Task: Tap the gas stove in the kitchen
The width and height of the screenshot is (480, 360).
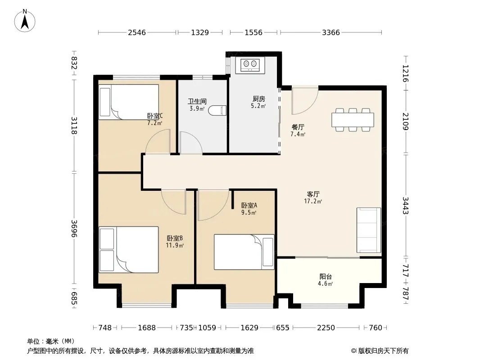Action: [x=250, y=64]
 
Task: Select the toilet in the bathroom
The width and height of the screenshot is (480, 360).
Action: [x=217, y=110]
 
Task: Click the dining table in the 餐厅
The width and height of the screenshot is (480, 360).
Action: [x=353, y=120]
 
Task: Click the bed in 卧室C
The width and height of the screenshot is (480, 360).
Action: [x=129, y=102]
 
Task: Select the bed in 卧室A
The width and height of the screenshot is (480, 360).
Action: [x=244, y=252]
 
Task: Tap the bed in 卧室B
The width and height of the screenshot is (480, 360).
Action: [x=129, y=250]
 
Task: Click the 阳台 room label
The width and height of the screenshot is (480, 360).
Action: [x=326, y=276]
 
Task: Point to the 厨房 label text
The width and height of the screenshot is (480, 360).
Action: [x=258, y=99]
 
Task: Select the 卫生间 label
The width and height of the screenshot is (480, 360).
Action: [x=197, y=101]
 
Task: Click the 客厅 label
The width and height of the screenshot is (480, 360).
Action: [x=313, y=194]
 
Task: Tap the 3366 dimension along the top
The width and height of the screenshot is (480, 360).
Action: [x=331, y=32]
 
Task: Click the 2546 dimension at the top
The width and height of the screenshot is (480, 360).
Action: [x=137, y=32]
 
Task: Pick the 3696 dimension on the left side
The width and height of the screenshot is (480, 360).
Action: [x=74, y=229]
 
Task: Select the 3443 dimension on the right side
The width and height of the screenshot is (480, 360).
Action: [x=406, y=206]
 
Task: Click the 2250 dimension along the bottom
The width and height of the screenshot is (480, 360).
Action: [x=326, y=328]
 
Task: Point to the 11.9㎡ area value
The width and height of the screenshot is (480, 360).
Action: [x=175, y=245]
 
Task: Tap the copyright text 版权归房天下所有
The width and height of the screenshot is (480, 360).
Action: [x=384, y=351]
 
